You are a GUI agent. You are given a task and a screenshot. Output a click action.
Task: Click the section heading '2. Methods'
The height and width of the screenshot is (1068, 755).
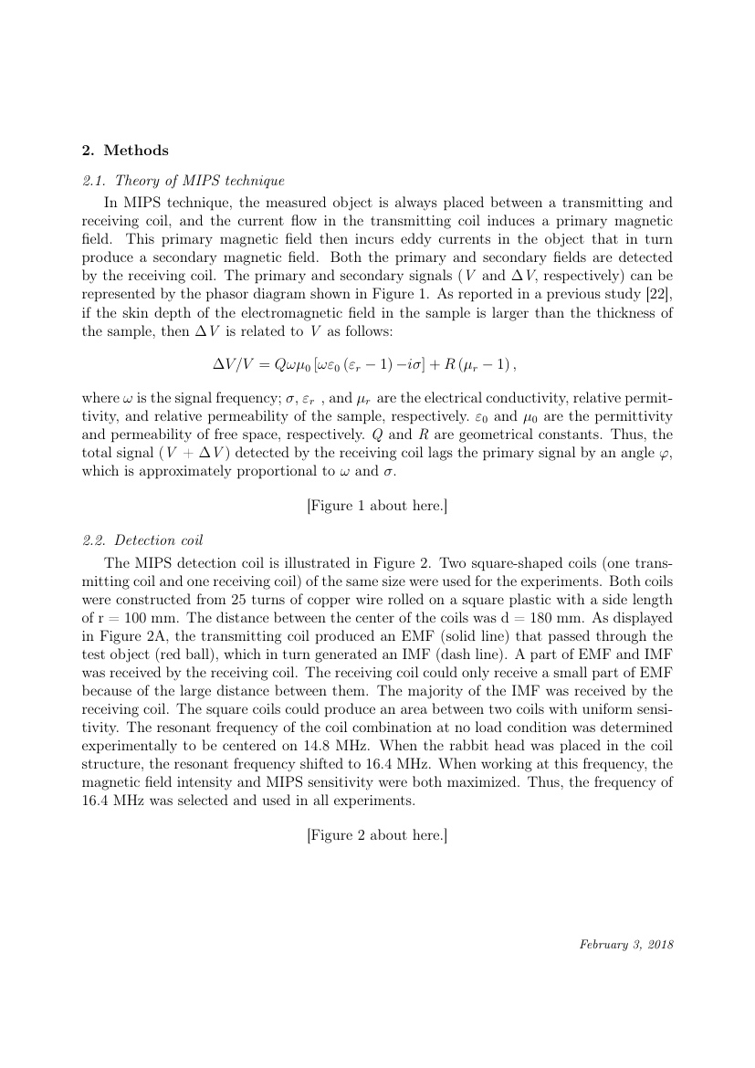(126, 151)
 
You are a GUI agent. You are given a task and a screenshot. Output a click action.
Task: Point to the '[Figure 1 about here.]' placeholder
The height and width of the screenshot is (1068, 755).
(377, 506)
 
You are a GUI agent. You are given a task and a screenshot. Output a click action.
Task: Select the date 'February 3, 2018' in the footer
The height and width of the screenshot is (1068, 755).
(626, 945)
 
